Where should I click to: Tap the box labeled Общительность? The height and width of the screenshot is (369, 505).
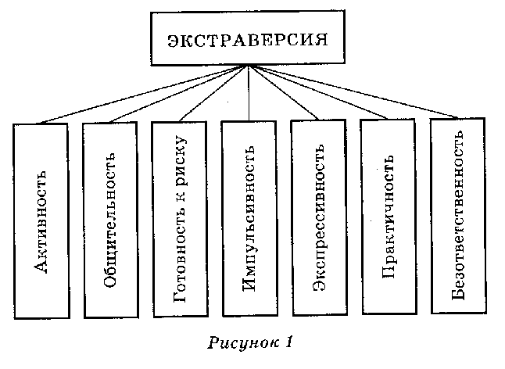pyautogui.click(x=109, y=220)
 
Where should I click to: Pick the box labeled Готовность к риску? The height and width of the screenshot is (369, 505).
pyautogui.click(x=179, y=219)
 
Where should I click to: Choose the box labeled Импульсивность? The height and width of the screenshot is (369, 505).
pyautogui.click(x=249, y=219)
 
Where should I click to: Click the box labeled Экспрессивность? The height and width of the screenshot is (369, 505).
pyautogui.click(x=317, y=218)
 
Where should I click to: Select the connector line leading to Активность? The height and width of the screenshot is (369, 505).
pyautogui.click(x=141, y=95)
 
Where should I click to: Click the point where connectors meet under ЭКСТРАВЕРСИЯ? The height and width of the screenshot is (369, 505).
pyautogui.click(x=249, y=67)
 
